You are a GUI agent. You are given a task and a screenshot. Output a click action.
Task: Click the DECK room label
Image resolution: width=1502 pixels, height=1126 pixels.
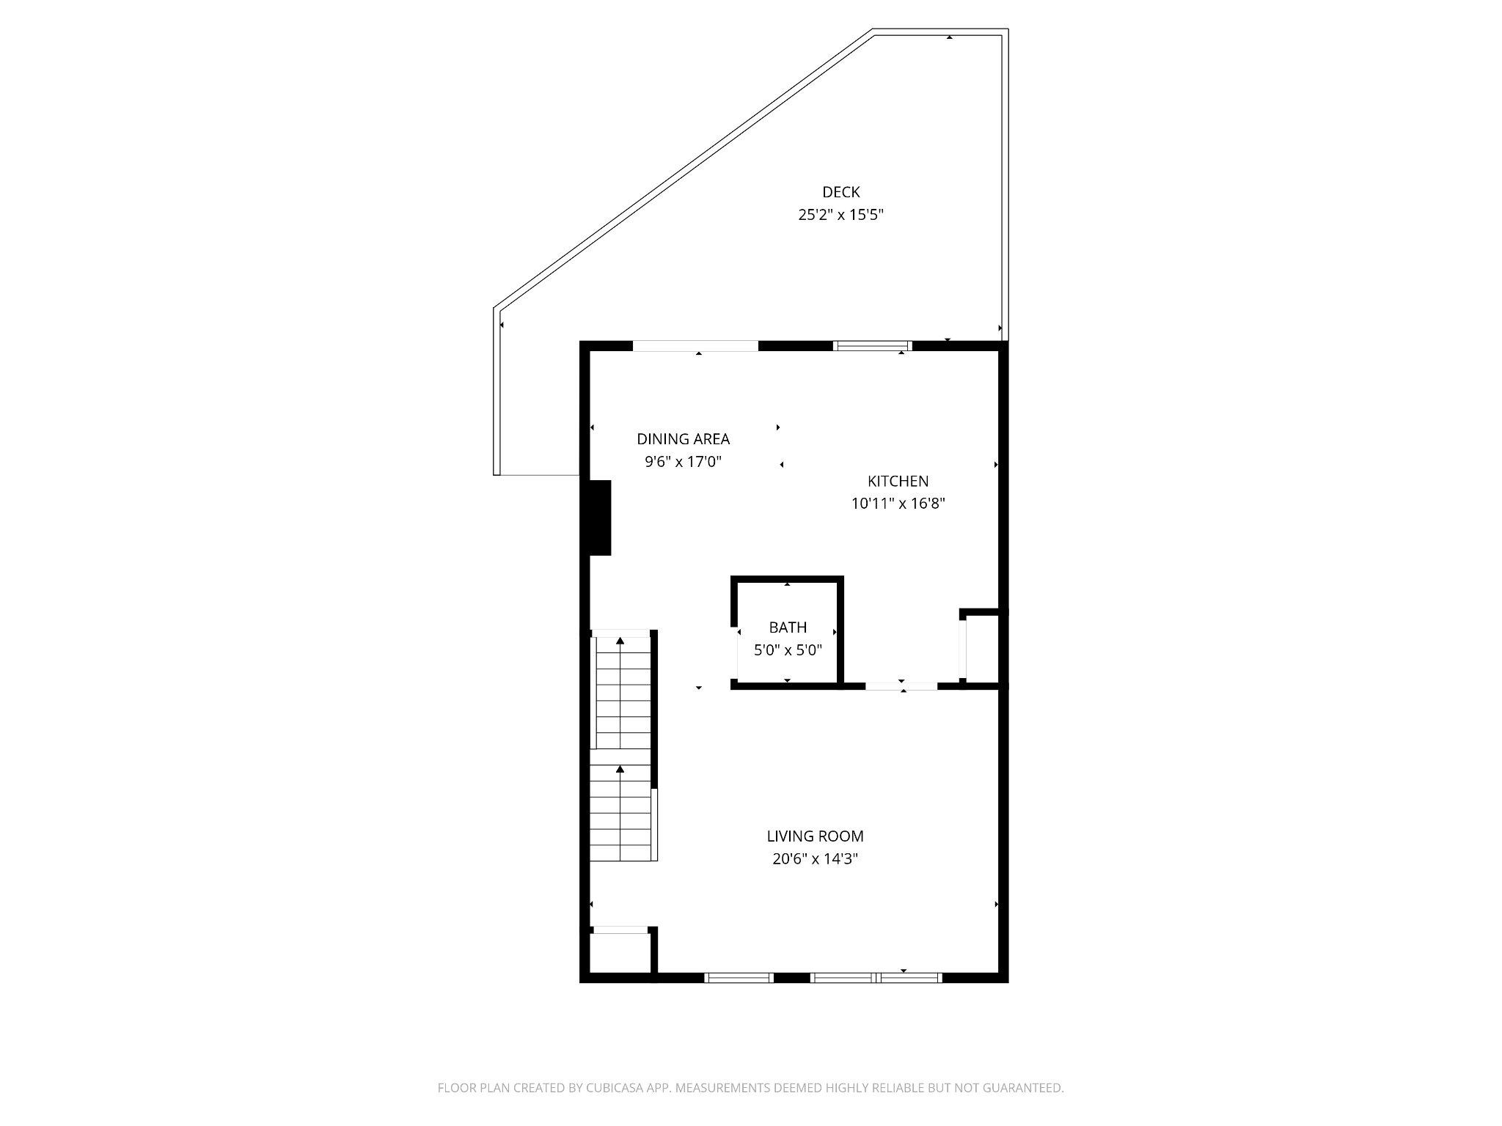[840, 192]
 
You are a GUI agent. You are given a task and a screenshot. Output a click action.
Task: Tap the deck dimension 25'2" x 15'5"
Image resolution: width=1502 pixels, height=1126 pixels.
[840, 216]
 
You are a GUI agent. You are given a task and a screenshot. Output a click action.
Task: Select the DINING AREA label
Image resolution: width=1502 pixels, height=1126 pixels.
[683, 439]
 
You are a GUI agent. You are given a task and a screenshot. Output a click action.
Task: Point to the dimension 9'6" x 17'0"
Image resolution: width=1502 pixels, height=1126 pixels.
[683, 463]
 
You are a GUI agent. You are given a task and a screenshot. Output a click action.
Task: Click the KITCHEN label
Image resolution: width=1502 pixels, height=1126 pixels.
[898, 481]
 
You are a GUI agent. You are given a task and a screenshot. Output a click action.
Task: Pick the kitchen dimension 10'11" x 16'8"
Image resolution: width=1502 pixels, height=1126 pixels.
[898, 504]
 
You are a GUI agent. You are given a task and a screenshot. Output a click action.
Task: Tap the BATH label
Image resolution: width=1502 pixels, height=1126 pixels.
[788, 628]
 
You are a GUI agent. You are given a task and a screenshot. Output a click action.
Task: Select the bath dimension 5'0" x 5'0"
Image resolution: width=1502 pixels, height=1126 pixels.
[788, 650]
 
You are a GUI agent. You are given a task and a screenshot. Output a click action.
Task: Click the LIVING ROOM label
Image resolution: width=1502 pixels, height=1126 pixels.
[815, 836]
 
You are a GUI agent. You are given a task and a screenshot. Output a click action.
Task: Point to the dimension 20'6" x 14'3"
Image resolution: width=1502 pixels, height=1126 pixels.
[815, 859]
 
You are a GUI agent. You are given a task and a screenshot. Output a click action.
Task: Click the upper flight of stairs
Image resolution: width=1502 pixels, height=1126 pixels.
[621, 693]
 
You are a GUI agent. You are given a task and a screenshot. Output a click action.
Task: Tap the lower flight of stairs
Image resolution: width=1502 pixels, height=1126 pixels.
[620, 814]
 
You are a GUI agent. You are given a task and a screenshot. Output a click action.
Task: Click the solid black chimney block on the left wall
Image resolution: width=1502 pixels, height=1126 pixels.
[597, 518]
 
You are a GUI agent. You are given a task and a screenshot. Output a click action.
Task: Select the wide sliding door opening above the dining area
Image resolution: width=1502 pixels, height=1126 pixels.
[695, 346]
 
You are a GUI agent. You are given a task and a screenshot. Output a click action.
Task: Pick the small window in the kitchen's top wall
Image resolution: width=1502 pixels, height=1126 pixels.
[872, 346]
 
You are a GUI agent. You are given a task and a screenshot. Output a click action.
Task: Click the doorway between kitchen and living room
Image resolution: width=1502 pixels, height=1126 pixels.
[901, 686]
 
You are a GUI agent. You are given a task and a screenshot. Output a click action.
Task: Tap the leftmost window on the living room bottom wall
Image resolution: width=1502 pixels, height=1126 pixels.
[739, 977]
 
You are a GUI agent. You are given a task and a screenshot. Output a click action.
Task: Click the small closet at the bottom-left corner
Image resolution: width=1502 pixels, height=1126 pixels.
[620, 953]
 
